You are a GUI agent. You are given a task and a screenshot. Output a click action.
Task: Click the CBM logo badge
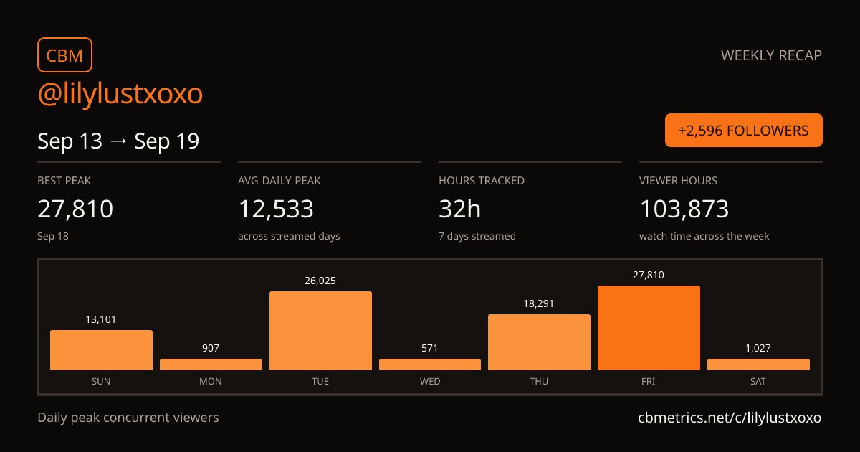(64, 55)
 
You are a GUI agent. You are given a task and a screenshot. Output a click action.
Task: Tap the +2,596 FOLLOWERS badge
(744, 131)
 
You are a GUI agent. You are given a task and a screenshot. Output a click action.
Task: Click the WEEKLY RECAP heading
(771, 55)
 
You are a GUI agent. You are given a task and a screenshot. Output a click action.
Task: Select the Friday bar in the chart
(649, 328)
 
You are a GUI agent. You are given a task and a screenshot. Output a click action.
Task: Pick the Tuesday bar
(320, 331)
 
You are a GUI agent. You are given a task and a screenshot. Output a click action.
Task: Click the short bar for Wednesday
(430, 364)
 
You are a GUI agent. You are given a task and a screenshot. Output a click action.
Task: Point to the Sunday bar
(101, 350)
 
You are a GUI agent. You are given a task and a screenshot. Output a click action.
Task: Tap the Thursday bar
(539, 342)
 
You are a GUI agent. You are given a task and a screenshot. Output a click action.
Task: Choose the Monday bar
(211, 364)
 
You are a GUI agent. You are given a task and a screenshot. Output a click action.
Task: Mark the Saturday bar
(759, 364)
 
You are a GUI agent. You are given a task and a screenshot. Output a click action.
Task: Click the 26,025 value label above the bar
(320, 281)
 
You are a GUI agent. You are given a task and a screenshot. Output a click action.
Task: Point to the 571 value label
(429, 348)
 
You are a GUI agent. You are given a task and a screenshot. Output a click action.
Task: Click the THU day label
(539, 381)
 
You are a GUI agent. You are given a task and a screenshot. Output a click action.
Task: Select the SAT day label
(758, 381)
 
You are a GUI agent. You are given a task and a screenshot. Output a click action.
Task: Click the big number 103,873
(684, 209)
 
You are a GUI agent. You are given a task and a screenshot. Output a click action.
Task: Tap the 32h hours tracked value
(459, 209)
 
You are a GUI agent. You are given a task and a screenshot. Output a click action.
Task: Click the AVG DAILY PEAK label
(279, 181)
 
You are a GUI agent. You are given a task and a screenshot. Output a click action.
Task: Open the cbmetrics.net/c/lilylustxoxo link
(730, 418)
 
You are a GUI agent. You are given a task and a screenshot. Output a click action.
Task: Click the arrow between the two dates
(118, 141)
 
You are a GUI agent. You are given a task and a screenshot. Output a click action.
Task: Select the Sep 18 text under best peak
(53, 236)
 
